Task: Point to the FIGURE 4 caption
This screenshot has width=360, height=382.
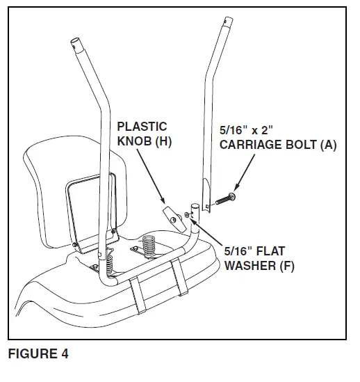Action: pyautogui.click(x=38, y=353)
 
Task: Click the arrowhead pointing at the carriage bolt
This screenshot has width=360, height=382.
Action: pyautogui.click(x=237, y=187)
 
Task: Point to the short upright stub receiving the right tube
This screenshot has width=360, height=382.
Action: pyautogui.click(x=195, y=209)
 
